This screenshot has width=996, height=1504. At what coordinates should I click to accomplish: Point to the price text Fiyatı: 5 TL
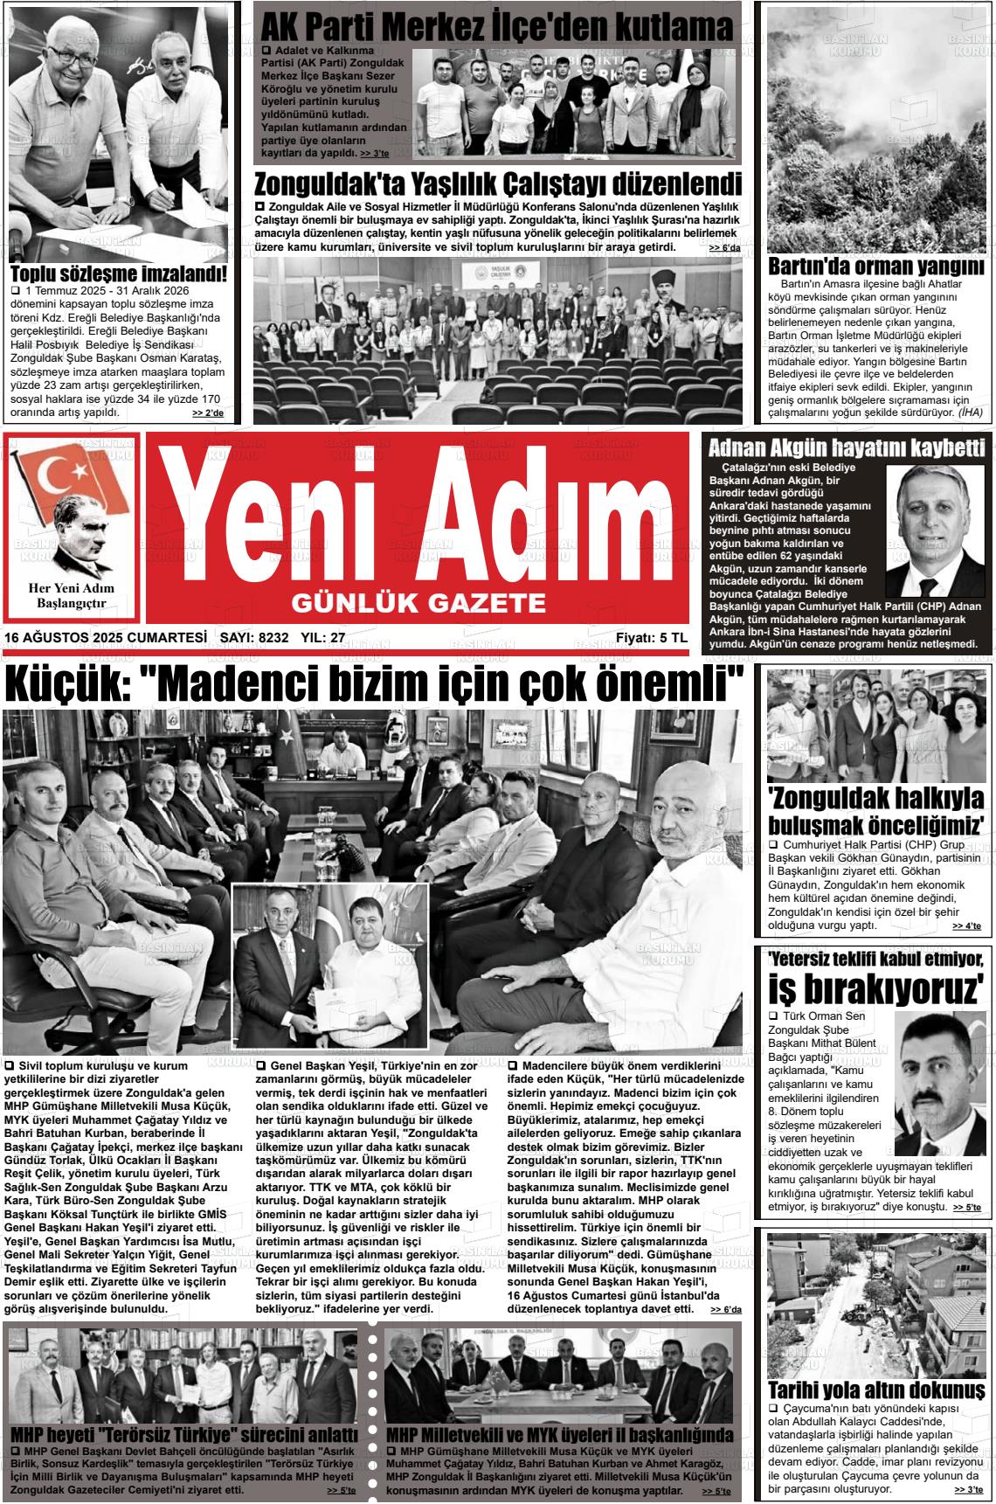651,638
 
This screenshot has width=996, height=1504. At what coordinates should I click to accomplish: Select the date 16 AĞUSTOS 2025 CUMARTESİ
106,638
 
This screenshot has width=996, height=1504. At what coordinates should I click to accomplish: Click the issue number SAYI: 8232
254,638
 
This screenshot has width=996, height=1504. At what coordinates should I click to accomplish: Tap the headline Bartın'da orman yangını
875,266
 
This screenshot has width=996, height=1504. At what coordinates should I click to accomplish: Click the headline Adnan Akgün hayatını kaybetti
847,449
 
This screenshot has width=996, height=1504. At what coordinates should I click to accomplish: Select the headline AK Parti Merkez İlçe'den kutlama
496,27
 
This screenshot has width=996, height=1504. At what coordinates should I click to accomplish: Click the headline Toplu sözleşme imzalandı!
118,274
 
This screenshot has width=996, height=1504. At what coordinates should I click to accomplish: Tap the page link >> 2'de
208,413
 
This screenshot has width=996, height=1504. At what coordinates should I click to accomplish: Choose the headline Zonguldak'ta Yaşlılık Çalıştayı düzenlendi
496,184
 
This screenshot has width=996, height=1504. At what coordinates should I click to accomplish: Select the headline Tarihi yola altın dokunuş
876,1390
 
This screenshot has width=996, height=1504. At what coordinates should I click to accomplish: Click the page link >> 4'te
966,925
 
